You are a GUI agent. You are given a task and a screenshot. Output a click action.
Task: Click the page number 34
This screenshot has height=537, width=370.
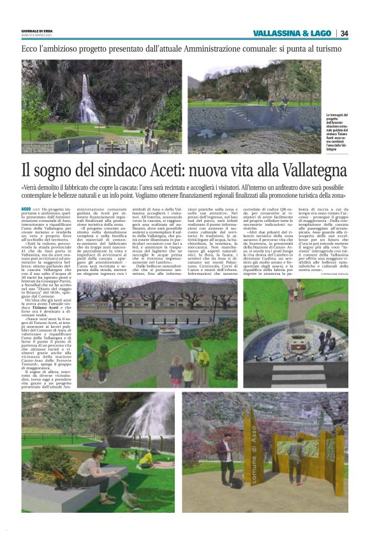(x=344, y=33)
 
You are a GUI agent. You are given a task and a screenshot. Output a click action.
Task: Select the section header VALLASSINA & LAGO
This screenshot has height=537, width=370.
(x=292, y=33)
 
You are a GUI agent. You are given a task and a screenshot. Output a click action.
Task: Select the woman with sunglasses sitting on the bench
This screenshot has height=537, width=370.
(x=96, y=468)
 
